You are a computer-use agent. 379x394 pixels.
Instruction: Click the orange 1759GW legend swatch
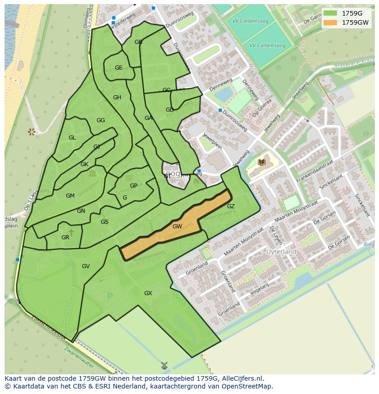point(330,22)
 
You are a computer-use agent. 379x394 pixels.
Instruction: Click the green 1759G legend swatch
point(330,13)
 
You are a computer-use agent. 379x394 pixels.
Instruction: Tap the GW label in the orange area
point(177,226)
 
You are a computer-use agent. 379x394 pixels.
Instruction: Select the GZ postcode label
point(231,206)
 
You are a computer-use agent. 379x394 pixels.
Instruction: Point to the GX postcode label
point(148,293)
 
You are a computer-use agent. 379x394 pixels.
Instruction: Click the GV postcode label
point(86,266)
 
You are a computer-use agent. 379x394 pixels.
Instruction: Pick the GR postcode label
point(65,237)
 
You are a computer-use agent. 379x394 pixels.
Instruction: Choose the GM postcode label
point(70,196)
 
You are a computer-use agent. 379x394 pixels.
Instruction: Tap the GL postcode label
point(72,138)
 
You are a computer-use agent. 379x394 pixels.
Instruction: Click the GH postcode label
point(117,97)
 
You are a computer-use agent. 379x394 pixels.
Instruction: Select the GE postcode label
point(119,68)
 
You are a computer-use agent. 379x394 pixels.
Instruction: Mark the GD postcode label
point(169,110)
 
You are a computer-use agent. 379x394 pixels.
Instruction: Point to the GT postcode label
point(168,176)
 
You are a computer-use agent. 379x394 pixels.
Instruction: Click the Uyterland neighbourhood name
point(281,252)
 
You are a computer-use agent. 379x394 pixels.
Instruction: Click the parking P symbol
point(109,297)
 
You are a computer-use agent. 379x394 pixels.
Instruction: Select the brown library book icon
point(261,162)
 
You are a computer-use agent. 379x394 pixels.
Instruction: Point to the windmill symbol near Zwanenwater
point(164,366)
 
